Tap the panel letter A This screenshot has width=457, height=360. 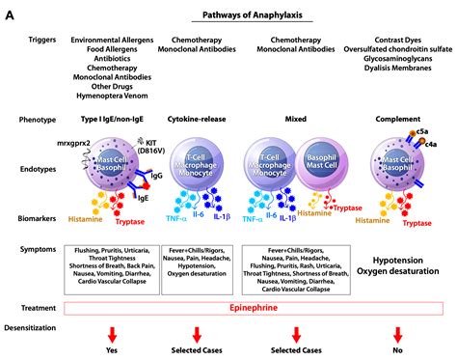pyautogui.click(x=11, y=12)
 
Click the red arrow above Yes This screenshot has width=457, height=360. pyautogui.click(x=113, y=334)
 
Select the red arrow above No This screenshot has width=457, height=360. pyautogui.click(x=396, y=334)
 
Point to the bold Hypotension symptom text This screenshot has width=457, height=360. pyautogui.click(x=400, y=260)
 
